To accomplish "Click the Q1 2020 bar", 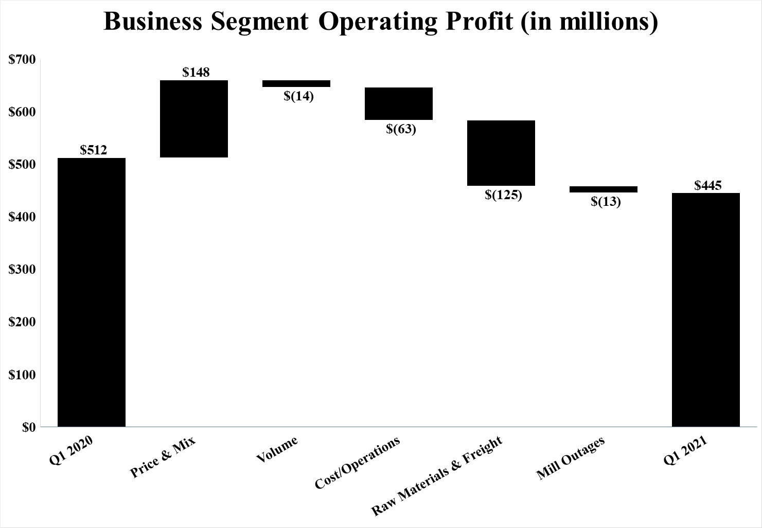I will tap(92, 292).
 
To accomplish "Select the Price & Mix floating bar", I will tap(194, 118).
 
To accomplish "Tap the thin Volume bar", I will tap(296, 83).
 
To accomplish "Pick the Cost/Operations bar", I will tap(399, 103).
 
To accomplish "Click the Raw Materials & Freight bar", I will tap(501, 153).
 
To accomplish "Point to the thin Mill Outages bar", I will tap(604, 189).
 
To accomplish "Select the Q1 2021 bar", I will tap(706, 309).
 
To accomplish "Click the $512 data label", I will tap(93, 150).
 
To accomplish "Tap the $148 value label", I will tap(196, 72).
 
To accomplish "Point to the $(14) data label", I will tap(298, 96).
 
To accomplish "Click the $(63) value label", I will tap(401, 129).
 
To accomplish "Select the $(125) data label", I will tap(503, 195).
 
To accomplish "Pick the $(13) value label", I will tap(606, 202).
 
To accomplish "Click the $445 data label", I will tap(708, 185).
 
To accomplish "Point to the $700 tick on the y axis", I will tap(22, 60).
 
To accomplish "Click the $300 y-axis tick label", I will tap(22, 270).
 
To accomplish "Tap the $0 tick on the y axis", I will tap(28, 427).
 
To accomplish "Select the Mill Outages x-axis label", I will tap(570, 458).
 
